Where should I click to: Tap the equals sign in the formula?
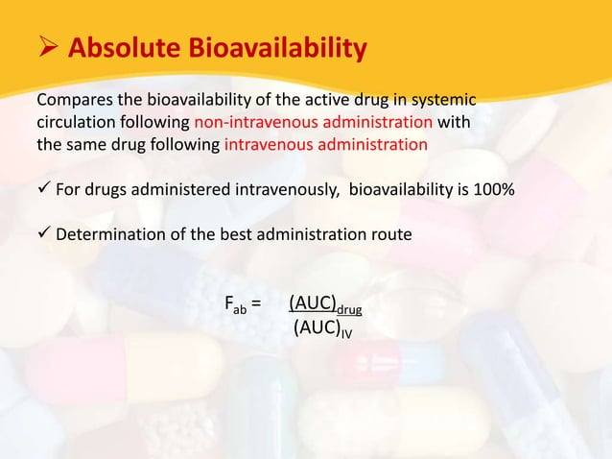coord(256,305)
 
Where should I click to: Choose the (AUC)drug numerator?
coord(325,305)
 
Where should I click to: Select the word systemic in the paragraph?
coord(445,101)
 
